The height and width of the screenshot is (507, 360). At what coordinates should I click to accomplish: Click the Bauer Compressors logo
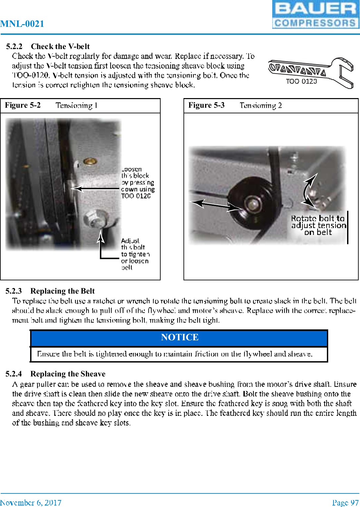click(315, 15)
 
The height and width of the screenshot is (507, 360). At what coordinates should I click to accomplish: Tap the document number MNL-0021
click(22, 24)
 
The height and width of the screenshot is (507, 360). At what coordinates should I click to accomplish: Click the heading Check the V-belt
click(60, 46)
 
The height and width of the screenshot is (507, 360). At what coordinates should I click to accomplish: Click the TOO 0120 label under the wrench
click(301, 81)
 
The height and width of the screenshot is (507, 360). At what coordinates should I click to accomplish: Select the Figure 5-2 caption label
click(23, 105)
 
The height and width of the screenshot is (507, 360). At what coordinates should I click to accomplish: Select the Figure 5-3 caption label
click(206, 105)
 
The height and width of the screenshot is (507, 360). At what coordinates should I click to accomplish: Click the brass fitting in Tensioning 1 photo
click(90, 161)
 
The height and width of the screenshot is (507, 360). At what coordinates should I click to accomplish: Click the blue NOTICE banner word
click(180, 337)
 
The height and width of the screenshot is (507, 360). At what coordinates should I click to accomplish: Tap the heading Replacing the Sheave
click(68, 374)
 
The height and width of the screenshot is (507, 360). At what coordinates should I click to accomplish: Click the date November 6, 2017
click(31, 502)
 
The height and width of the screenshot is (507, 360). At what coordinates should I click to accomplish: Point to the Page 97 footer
click(345, 502)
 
